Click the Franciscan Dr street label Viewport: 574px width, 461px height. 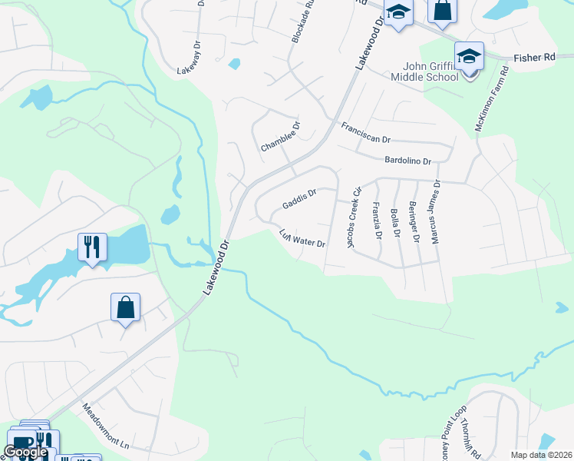pos(366,134)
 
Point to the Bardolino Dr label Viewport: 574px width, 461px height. pos(408,160)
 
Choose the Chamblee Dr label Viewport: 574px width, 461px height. pos(280,136)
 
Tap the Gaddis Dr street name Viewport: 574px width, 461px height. pos(299,200)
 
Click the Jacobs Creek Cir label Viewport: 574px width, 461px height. pos(353,218)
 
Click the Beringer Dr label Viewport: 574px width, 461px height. pos(414,222)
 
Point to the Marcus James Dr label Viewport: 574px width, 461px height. pos(434,212)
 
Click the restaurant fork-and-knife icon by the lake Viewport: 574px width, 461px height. pos(92,247)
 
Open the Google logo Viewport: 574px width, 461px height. pos(25,452)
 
